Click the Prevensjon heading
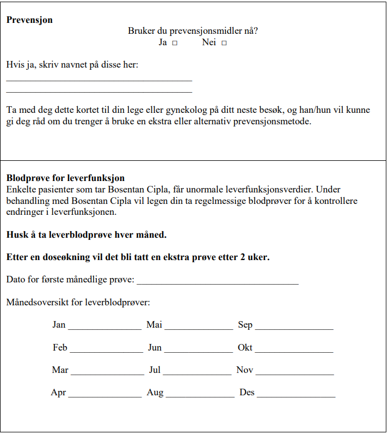[x=29, y=20]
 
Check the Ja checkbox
[x=175, y=43]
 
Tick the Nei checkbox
[x=224, y=43]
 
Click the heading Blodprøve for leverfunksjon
[x=65, y=178]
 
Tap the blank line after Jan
[x=104, y=328]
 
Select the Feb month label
[x=60, y=347]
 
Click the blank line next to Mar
[x=107, y=373]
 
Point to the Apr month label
[x=58, y=393]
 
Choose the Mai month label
[x=154, y=325]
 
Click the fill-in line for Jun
[x=198, y=351]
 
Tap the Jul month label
[x=155, y=370]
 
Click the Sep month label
[x=245, y=325]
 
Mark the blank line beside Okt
[x=294, y=351]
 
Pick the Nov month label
[x=244, y=370]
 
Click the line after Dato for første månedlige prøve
[x=217, y=283]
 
